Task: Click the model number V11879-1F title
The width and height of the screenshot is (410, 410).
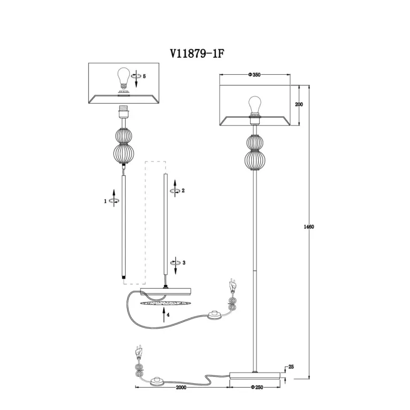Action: coord(197,54)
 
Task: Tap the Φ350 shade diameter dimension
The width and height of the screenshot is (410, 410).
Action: coord(254,75)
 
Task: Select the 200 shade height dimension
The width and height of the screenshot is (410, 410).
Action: coord(299,104)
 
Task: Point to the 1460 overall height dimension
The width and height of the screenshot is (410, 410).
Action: coord(309,227)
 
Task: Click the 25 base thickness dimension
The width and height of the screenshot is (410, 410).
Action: coord(291,367)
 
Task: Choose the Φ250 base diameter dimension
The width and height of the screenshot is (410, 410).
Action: coord(257,387)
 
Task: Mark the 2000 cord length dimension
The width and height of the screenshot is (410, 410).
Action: coord(181,387)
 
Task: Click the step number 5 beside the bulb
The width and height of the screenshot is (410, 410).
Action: coord(144,76)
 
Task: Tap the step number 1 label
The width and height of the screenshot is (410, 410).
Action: coord(105,201)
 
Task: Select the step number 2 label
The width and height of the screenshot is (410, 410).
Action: coord(183,191)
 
